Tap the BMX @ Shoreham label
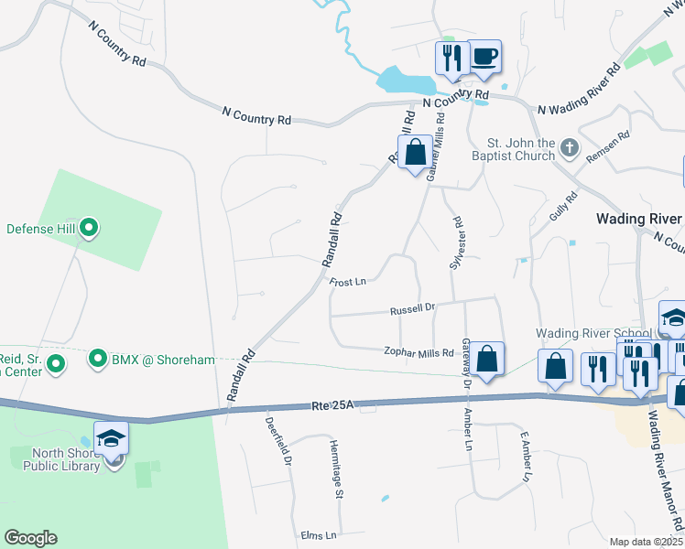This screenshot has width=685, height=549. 161,359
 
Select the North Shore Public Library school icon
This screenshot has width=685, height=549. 111,439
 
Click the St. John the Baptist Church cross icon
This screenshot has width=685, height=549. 569,146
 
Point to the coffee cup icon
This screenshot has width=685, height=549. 484,58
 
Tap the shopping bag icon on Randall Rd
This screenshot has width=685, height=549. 415,152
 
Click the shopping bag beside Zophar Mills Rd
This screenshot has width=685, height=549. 488,360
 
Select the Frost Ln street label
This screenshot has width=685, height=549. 348,281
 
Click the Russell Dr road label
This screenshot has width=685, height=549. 411,309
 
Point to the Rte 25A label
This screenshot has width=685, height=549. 331,404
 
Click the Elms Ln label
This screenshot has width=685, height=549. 319,534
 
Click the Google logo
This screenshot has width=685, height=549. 30,538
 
